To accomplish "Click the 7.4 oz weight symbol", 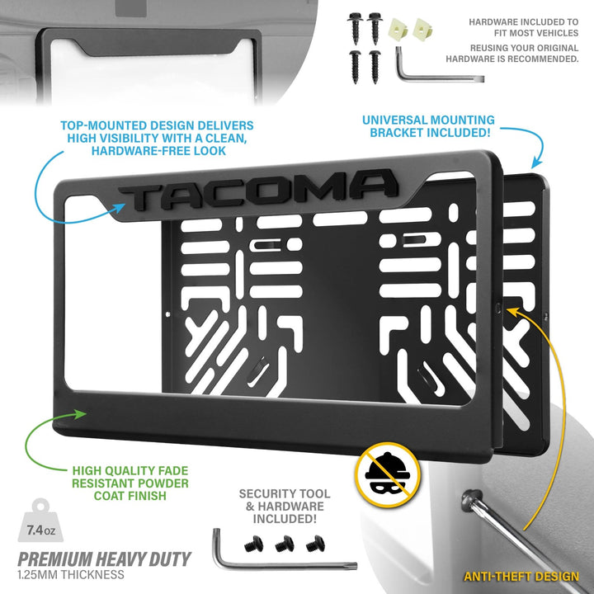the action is (40, 520).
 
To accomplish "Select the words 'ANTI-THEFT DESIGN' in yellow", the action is (521, 576).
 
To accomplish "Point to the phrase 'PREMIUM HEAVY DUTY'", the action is (104, 559).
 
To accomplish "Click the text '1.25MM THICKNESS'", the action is (71, 575).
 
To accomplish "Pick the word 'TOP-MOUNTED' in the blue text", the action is (103, 125).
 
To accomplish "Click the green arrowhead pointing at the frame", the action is (81, 413).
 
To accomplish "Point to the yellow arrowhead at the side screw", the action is (513, 311).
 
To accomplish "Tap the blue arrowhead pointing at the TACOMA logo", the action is (120, 209).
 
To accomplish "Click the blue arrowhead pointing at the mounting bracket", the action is (536, 163).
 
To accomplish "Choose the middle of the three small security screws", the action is (285, 544).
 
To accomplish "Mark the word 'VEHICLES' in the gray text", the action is (554, 33).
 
